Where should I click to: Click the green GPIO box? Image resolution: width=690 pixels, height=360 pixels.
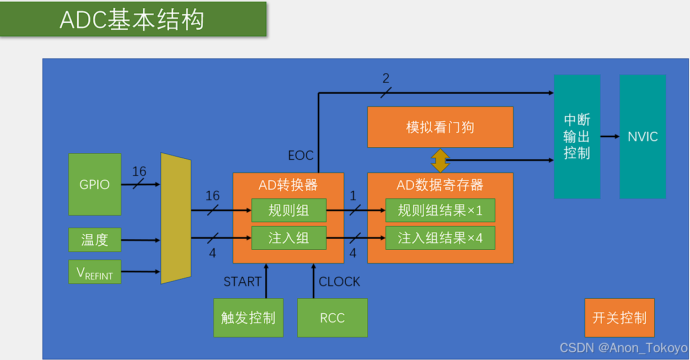coord(94,184)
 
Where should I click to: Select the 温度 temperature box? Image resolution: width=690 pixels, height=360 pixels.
coord(94,240)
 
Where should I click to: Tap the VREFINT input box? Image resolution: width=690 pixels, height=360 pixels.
coord(94,272)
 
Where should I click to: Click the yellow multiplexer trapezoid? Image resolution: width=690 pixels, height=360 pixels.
coord(175,218)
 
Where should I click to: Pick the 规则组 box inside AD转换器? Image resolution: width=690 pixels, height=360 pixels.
coord(288,210)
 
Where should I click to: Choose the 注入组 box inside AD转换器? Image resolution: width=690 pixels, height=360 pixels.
coord(288,238)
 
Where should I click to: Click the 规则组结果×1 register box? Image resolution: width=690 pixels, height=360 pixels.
coord(440,210)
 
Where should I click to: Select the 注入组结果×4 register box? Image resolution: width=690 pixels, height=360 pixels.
coord(440,238)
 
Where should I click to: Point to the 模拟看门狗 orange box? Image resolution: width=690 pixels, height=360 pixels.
coord(440,127)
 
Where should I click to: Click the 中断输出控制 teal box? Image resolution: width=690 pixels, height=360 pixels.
coord(577,136)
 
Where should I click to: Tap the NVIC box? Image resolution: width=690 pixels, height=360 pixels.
coord(643,136)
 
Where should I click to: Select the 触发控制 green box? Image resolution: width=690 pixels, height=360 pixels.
coord(248,318)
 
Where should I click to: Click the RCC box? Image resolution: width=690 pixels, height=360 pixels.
coord(332,318)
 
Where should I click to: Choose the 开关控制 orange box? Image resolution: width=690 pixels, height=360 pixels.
coord(619,318)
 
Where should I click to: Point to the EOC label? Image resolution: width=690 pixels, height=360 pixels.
coord(301,155)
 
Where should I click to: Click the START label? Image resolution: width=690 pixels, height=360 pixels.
coord(242,282)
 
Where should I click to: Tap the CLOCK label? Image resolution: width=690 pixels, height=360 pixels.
coord(339,282)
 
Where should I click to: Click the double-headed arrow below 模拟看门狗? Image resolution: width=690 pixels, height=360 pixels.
coord(440,160)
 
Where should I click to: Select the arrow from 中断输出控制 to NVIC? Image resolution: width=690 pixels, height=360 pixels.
coord(610,136)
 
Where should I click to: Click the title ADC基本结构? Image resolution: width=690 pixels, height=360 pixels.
coord(132,20)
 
